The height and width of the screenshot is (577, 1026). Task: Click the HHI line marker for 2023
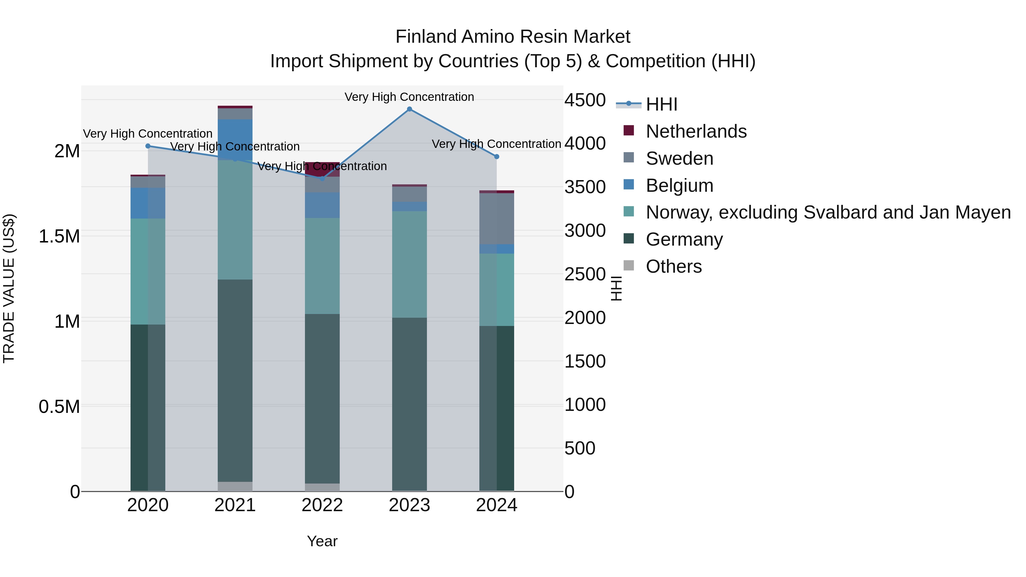tap(410, 109)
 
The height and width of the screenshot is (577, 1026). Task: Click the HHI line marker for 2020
tap(148, 146)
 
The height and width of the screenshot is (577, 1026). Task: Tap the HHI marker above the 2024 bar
tap(497, 157)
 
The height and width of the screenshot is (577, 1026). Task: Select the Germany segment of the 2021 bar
tap(235, 380)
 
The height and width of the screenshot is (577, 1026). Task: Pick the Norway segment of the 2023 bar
tap(410, 264)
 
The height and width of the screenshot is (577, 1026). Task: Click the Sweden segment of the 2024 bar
tap(497, 219)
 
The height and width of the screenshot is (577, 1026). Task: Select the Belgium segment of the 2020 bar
tap(148, 203)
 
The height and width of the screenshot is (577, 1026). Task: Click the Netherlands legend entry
tap(695, 131)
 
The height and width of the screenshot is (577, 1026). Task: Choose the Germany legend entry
tap(684, 239)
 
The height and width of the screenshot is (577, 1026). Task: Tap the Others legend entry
tap(673, 266)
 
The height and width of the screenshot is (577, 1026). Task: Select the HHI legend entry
tap(661, 104)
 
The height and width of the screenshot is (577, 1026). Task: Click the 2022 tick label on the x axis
tap(322, 505)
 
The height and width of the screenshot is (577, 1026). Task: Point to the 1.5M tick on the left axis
tap(59, 236)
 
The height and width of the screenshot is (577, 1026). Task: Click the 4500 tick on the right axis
tap(585, 100)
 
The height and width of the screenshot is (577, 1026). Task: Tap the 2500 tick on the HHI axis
tap(585, 274)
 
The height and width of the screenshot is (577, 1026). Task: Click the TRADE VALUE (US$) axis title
tap(9, 288)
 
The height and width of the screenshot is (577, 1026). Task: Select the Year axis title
tap(322, 541)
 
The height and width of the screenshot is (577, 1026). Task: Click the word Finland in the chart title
tap(426, 37)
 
